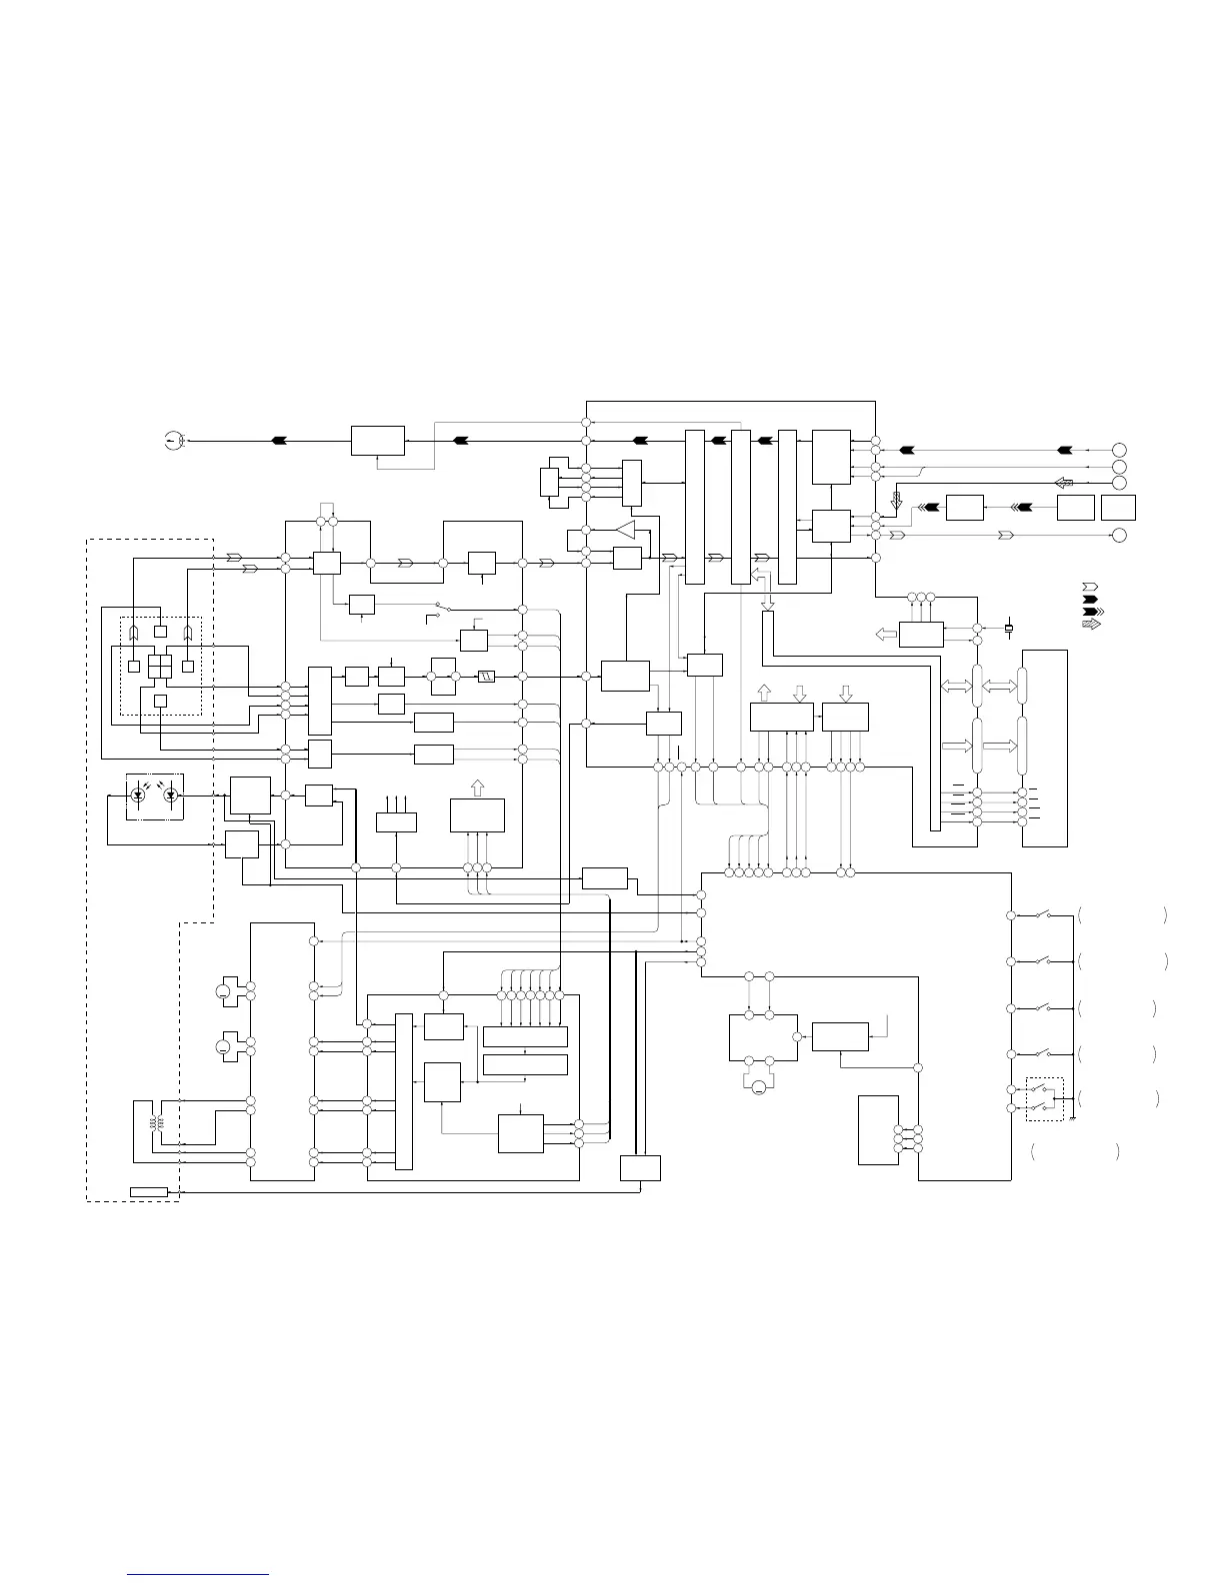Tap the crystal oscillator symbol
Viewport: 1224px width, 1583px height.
[1008, 628]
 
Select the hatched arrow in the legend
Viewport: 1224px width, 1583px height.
[1091, 624]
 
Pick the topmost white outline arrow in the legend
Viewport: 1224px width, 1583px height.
[1091, 585]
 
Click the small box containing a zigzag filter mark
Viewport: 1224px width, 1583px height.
[487, 677]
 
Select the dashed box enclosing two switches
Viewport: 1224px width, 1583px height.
[1046, 1098]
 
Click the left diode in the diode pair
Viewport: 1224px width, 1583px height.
[139, 795]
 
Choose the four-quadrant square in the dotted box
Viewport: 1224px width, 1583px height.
[160, 667]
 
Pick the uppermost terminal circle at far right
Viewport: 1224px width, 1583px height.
[1120, 449]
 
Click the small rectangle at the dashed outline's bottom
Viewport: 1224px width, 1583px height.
[149, 1190]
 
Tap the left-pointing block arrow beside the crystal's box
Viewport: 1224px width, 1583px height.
[886, 634]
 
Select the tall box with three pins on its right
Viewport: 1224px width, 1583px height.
[878, 1129]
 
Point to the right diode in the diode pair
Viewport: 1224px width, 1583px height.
[171, 795]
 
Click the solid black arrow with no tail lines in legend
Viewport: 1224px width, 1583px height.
[1091, 598]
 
